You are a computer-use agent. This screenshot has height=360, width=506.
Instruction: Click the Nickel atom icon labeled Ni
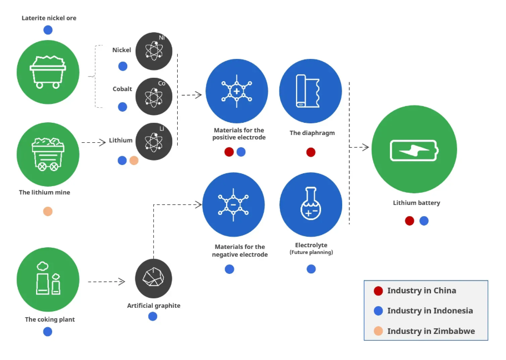(154, 51)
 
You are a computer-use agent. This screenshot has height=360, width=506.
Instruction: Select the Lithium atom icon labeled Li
(154, 142)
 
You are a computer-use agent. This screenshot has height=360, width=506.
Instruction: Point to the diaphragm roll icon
(310, 91)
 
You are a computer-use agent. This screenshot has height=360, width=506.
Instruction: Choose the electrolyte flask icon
(310, 205)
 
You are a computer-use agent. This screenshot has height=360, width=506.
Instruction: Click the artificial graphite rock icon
(153, 277)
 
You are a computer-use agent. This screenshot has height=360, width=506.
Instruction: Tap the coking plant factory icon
(48, 278)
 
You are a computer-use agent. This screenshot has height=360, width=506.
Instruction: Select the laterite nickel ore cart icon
(48, 71)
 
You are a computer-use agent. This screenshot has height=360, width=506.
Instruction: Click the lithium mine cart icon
(48, 154)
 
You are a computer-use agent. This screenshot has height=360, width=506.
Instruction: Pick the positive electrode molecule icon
(237, 91)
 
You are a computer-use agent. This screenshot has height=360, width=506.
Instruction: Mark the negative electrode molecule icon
(234, 205)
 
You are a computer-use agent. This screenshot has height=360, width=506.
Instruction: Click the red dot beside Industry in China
(378, 291)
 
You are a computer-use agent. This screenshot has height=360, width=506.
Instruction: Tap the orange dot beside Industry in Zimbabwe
(378, 331)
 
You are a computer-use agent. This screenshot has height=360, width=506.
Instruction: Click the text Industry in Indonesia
(430, 311)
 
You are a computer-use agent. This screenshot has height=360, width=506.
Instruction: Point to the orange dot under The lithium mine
(48, 211)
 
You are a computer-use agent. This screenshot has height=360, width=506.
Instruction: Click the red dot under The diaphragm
(310, 152)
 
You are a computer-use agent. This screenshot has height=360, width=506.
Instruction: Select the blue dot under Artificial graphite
(153, 316)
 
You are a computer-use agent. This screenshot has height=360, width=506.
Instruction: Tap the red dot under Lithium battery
(409, 221)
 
